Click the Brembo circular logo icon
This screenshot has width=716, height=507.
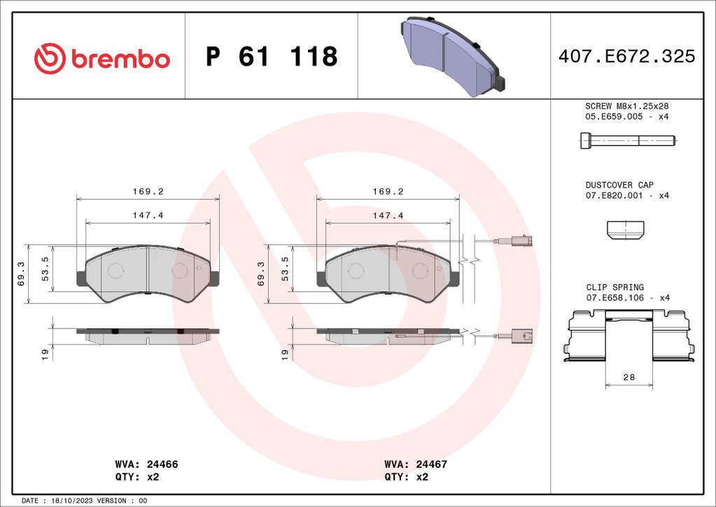[x=50, y=58]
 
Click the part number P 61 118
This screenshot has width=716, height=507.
[x=272, y=57]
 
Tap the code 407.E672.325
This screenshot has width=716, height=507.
[x=626, y=56]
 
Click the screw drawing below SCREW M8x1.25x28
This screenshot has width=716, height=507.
[x=628, y=140]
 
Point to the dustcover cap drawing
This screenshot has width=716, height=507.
[x=625, y=230]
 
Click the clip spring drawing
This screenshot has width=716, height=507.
[x=629, y=335]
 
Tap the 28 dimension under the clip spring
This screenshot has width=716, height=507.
[x=629, y=377]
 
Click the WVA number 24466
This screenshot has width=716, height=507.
[x=162, y=464]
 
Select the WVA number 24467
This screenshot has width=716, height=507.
[x=432, y=464]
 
